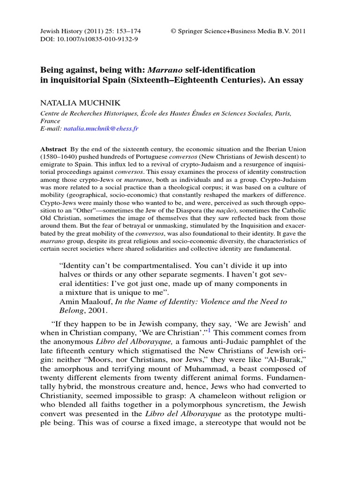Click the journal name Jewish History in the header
pyautogui.click(x=61, y=31)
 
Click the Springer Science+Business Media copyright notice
pyautogui.click(x=238, y=31)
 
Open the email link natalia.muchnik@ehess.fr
pyautogui.click(x=102, y=127)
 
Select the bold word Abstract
pyautogui.click(x=53, y=148)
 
